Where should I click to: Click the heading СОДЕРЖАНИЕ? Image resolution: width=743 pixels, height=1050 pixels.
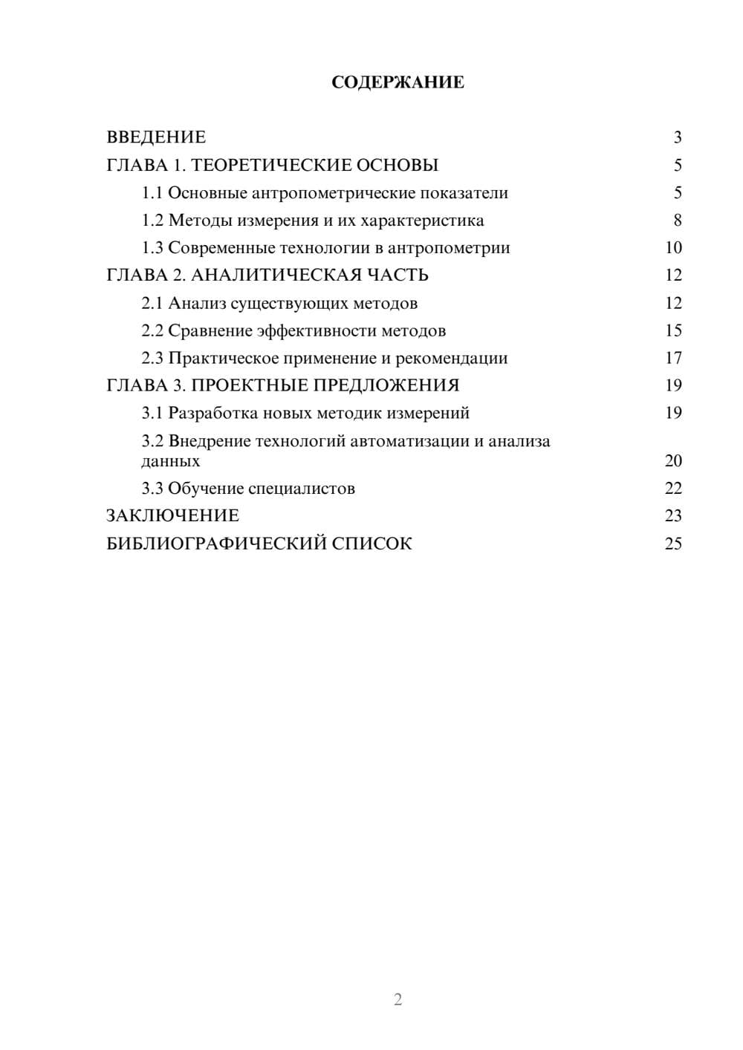398,82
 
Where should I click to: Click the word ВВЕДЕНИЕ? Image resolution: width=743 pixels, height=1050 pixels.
156,137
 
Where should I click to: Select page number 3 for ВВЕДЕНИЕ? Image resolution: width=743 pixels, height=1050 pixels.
677,137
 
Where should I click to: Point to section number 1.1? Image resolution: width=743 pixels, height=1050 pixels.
152,193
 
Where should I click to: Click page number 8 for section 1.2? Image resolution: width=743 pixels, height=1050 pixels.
677,221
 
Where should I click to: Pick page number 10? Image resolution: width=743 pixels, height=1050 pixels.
673,248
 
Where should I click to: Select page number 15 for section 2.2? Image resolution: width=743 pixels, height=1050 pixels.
673,331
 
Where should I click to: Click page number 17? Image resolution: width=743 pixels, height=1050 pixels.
673,359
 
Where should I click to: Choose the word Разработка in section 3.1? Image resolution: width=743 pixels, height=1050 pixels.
213,413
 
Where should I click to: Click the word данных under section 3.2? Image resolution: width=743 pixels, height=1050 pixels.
171,461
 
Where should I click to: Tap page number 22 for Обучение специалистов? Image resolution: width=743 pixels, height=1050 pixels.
673,489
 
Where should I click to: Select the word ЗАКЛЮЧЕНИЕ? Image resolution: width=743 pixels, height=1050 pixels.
172,516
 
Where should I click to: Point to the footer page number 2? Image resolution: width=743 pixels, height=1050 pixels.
398,1000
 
